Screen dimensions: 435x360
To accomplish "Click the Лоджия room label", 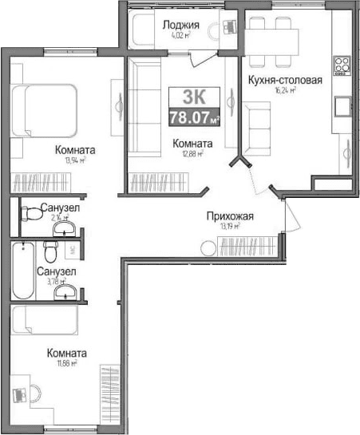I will [x=180, y=24].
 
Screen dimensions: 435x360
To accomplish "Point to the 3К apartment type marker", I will [x=192, y=98].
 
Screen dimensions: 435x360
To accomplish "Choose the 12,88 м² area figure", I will [x=193, y=155].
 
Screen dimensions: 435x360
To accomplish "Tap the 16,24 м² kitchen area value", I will [x=286, y=91].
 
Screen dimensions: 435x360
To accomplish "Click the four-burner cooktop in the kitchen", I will [x=343, y=64].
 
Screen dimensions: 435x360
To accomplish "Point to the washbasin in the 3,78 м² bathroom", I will [x=63, y=293].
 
